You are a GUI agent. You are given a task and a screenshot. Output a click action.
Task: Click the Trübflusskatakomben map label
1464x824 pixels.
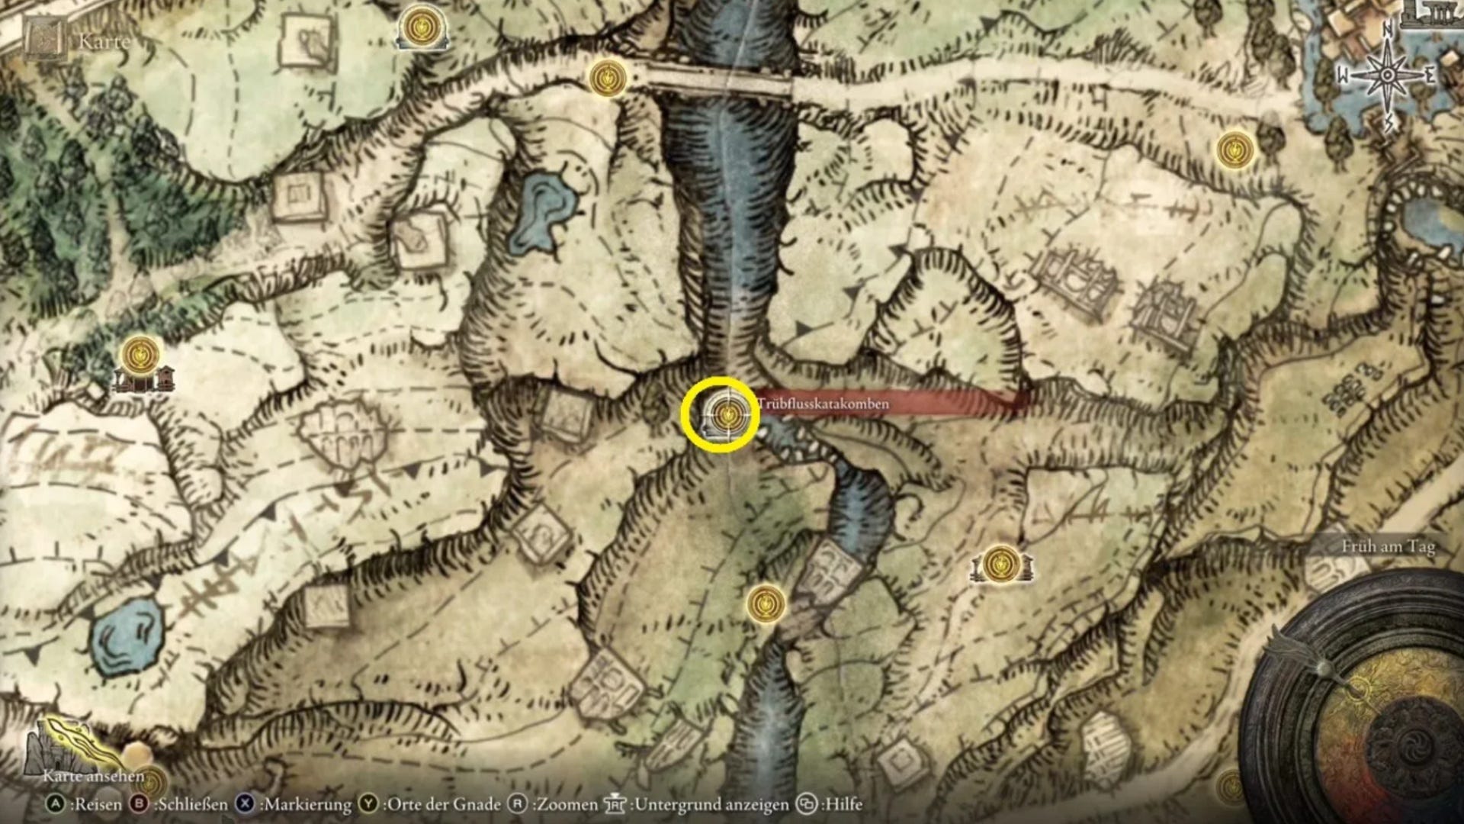click(823, 404)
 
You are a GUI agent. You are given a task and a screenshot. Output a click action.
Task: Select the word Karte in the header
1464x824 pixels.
click(104, 41)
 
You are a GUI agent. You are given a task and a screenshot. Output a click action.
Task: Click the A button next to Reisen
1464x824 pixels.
click(56, 804)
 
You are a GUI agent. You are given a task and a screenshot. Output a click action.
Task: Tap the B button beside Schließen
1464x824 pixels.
click(140, 804)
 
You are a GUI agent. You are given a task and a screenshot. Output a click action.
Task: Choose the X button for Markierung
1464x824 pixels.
click(245, 804)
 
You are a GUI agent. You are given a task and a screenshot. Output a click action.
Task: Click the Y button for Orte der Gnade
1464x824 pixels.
click(369, 804)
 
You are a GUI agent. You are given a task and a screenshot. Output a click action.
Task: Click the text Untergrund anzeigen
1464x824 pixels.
click(711, 804)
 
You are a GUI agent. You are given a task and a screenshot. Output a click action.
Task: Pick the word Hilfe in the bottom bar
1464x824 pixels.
click(843, 804)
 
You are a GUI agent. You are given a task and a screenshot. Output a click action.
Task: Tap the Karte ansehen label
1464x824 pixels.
click(93, 776)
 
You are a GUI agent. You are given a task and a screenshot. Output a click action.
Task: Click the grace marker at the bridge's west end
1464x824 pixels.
click(608, 77)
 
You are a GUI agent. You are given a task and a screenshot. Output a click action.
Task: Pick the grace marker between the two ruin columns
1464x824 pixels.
click(1000, 564)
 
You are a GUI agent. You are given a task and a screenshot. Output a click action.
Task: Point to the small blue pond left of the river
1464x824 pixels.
click(539, 210)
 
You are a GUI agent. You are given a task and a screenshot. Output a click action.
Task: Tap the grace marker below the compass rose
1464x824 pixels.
click(1234, 148)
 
